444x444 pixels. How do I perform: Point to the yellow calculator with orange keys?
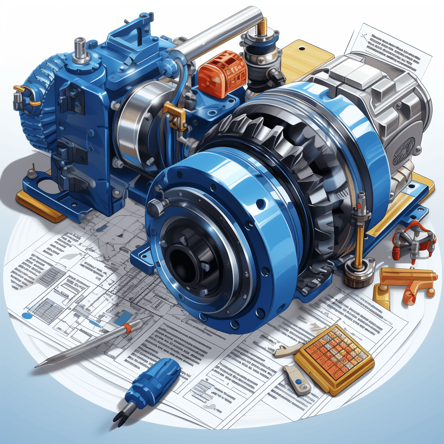tap(334, 358)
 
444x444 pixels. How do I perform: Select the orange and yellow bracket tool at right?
tap(405, 282)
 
